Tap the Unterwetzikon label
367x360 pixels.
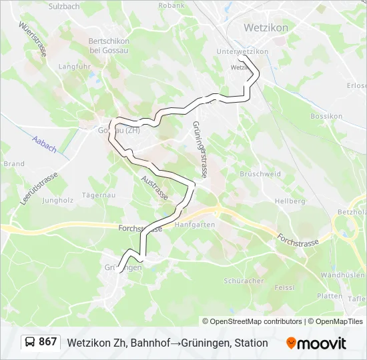coord(242,51)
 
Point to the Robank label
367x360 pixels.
coord(171,5)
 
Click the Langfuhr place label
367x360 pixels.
coord(74,67)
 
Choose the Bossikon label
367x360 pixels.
coord(326,116)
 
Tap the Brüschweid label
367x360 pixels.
coord(260,173)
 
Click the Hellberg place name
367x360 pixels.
coord(290,201)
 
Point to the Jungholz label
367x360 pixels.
coord(57,200)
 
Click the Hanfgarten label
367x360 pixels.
coord(194,225)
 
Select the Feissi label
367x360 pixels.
coord(285,287)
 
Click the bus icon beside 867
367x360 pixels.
coord(30,343)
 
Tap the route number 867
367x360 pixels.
coord(48,342)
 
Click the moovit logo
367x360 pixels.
coord(316,343)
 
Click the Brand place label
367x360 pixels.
coord(14,164)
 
